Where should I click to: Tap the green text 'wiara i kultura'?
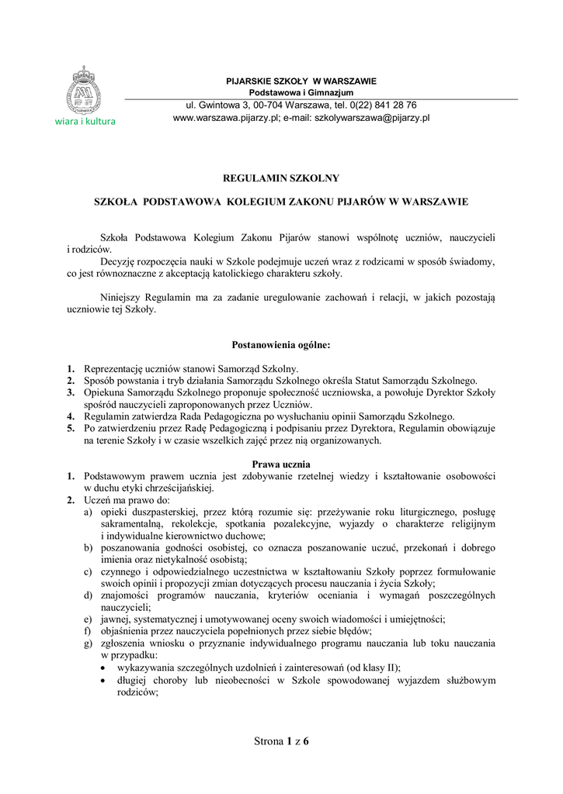point(85,122)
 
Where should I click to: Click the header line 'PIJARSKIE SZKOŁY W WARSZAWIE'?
point(301,81)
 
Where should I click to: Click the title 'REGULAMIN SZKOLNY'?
point(280,178)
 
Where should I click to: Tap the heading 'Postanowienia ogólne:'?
point(281,345)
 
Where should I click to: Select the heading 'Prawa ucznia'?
point(281,464)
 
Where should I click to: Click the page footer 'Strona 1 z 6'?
point(281,741)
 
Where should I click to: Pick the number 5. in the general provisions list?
point(71,428)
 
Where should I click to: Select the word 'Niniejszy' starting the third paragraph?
point(121,297)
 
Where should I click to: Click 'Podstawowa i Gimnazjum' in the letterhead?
point(301,92)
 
